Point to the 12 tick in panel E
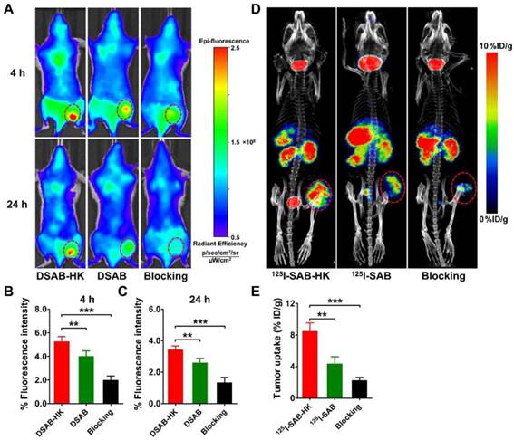[x=287, y=301]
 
